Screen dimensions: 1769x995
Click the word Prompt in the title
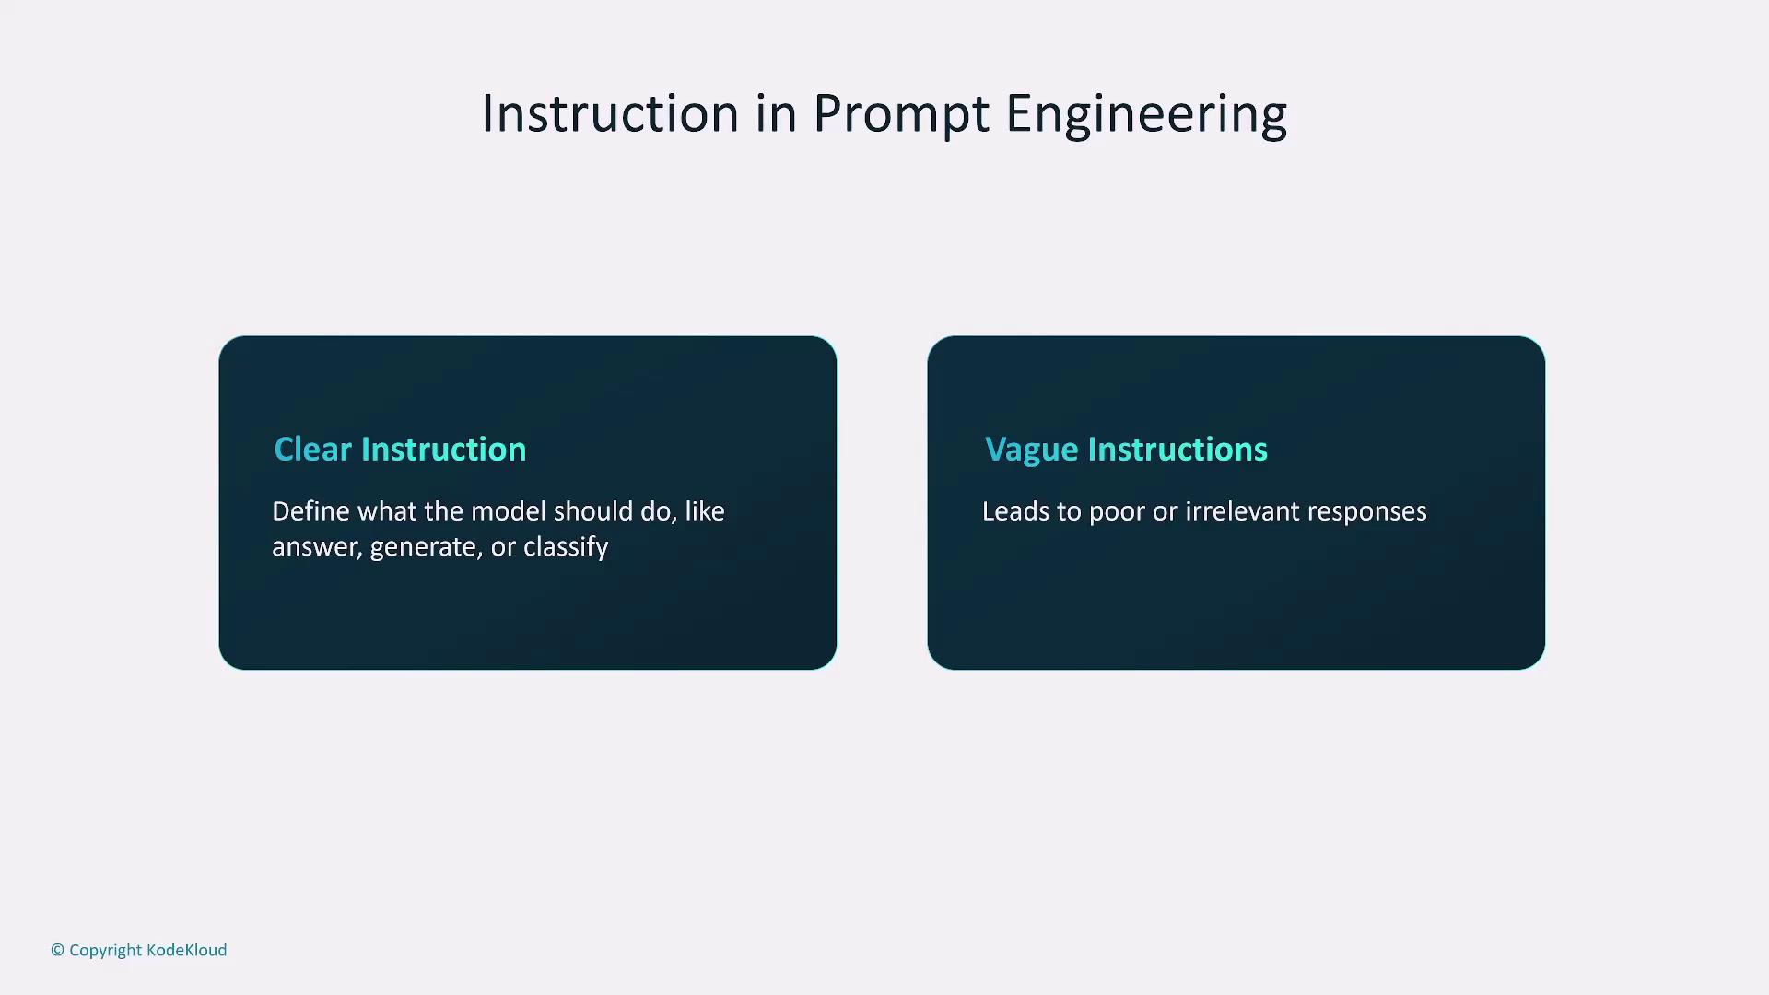[x=901, y=114]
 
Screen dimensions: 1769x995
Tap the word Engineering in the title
[x=1146, y=114]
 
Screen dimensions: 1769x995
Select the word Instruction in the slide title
[x=611, y=113]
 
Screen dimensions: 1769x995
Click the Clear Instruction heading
[x=400, y=449]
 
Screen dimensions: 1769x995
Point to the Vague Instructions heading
[x=1126, y=450]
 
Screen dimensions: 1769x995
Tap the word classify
[x=566, y=547]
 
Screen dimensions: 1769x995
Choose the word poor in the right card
[x=1117, y=513]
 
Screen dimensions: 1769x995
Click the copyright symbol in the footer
[x=57, y=950]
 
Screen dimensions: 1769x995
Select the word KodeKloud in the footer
[x=186, y=950]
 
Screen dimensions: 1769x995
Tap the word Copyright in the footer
[x=105, y=951]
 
